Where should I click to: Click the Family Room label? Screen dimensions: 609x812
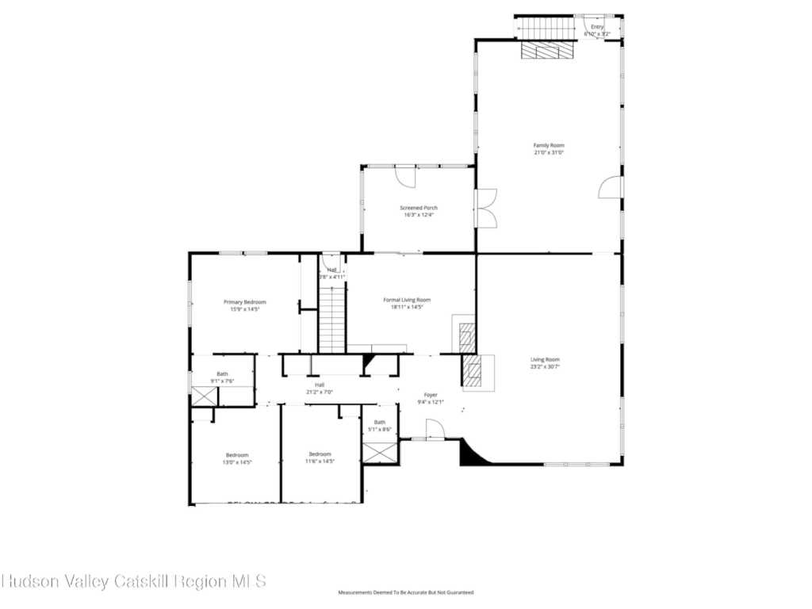(x=548, y=145)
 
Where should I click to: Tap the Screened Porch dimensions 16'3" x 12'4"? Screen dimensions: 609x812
(x=418, y=215)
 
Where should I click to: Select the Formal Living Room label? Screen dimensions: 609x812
(x=407, y=300)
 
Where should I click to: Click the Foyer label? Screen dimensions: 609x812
(x=431, y=394)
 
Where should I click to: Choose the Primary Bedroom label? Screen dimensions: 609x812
(x=244, y=302)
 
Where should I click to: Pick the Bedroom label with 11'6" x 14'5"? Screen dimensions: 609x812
(x=320, y=454)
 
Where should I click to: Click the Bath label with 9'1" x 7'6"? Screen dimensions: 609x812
(x=222, y=373)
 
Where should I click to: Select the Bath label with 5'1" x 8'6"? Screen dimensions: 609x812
(x=380, y=422)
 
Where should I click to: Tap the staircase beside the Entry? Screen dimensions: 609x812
(x=546, y=29)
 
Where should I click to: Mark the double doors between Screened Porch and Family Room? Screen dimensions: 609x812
(x=485, y=208)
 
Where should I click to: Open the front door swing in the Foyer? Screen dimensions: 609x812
(x=435, y=430)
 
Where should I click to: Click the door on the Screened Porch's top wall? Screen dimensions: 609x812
(x=405, y=175)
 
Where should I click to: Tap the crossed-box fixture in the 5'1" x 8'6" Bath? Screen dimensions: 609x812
(x=380, y=454)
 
